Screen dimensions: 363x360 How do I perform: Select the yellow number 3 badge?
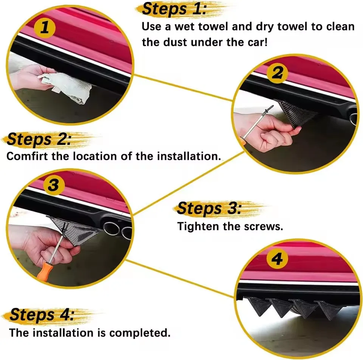54,185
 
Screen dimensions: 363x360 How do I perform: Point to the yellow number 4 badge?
277,259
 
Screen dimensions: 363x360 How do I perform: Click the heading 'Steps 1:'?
174,9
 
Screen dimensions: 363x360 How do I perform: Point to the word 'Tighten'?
198,226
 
